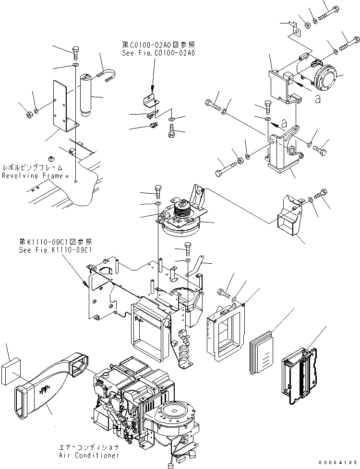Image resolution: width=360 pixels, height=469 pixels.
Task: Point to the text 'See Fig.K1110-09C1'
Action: click(55, 250)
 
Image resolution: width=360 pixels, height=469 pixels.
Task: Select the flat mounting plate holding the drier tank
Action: click(62, 107)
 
